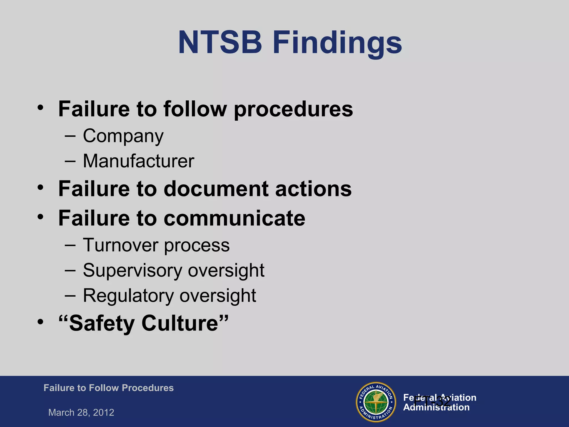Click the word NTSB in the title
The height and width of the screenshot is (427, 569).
coord(220,43)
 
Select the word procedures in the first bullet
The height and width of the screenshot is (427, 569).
coord(293,110)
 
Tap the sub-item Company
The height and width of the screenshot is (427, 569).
coord(123,136)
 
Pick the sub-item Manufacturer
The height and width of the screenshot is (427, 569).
coord(138,161)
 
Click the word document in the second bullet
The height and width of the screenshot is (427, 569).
coord(216,189)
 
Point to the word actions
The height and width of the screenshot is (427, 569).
coord(313,189)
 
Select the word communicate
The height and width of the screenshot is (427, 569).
coord(234,219)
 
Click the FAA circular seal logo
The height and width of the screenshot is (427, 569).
coord(376,402)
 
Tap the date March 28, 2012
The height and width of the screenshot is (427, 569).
coord(81,413)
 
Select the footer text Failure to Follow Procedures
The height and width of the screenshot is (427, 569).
coord(108,388)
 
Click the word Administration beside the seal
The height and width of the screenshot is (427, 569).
coord(436,408)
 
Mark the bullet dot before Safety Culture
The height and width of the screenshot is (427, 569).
coord(41,322)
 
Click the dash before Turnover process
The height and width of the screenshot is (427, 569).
coord(70,245)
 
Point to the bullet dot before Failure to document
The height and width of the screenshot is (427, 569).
coord(41,187)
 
